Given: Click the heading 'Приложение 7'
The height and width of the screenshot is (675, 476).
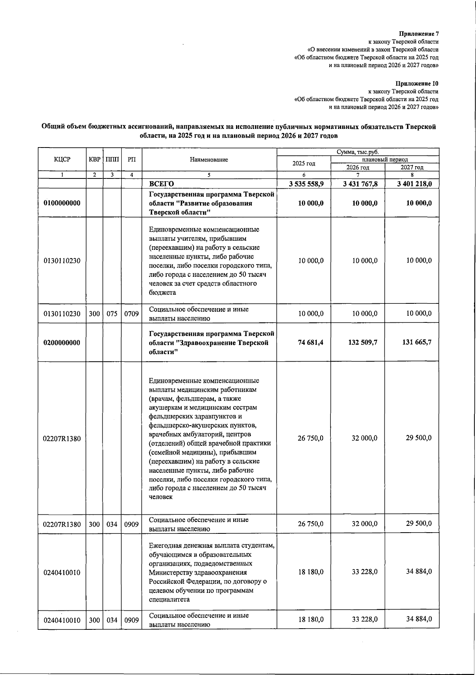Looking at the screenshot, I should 419,34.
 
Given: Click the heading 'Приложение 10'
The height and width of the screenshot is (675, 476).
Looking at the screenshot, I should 417,84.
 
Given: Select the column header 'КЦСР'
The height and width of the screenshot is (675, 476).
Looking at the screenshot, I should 62,159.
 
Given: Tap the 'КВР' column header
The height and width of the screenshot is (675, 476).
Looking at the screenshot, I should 95,159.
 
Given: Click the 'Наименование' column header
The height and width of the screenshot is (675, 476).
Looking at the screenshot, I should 209,159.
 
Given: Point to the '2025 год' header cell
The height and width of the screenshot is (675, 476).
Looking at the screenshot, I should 304,163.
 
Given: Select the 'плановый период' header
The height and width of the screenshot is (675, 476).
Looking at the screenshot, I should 385,159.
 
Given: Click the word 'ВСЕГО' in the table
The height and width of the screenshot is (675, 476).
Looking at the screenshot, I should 161,184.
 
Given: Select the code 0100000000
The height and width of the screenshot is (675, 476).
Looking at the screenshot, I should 62,203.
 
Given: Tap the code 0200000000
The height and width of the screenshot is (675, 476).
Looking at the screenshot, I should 62,343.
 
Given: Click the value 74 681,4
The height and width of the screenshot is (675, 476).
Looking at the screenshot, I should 311,342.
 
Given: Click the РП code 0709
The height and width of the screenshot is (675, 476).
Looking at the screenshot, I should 131,314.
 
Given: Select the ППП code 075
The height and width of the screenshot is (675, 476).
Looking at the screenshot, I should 112,314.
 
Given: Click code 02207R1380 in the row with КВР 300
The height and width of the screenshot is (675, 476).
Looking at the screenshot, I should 62,524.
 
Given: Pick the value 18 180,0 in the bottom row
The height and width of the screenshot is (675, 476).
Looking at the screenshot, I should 311,619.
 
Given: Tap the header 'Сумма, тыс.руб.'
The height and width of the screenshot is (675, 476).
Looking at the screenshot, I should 358,152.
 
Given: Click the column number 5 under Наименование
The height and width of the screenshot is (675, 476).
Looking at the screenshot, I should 209,175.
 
